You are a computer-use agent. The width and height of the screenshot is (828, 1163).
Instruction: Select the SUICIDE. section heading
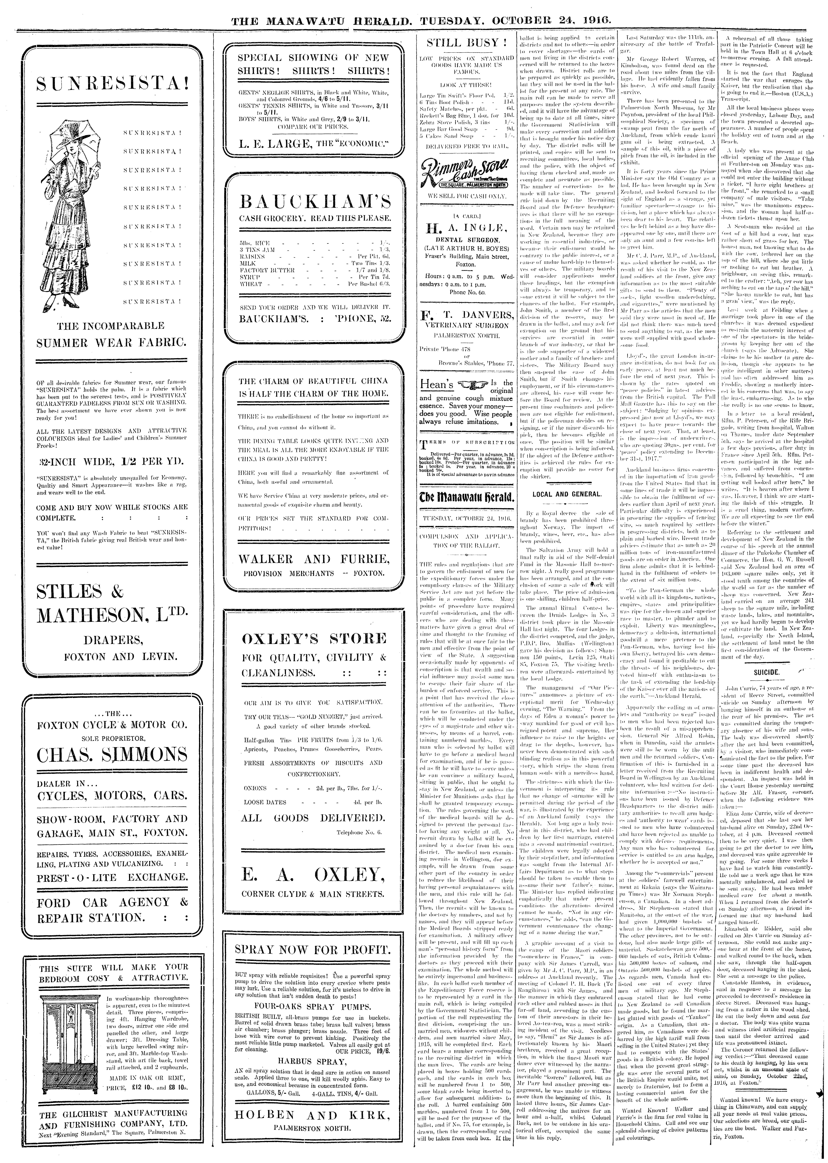tap(766, 672)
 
